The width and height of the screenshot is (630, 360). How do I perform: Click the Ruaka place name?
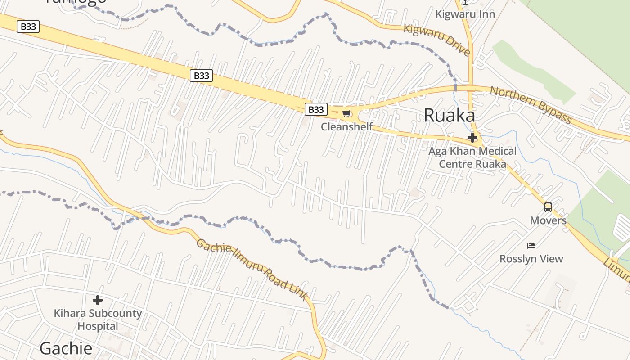tap(449, 116)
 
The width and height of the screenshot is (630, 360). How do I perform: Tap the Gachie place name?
tap(66, 348)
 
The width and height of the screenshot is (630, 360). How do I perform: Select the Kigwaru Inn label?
tap(465, 14)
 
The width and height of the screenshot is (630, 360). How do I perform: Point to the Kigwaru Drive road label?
tap(436, 40)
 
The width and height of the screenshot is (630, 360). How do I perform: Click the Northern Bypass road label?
tap(531, 104)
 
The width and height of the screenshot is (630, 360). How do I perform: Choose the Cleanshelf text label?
tap(346, 127)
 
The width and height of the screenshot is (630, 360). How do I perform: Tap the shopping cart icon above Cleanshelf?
tap(346, 114)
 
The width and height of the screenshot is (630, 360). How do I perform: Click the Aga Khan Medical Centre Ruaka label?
tap(472, 157)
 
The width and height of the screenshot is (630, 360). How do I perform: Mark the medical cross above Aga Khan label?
tap(472, 138)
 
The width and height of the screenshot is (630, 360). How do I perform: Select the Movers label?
tap(548, 220)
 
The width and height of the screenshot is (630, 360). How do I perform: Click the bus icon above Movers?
tap(548, 207)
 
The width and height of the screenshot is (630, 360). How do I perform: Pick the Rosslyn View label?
tap(531, 259)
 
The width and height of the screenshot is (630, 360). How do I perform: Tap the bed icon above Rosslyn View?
tap(531, 246)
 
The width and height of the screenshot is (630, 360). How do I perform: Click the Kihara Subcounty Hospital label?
tap(98, 319)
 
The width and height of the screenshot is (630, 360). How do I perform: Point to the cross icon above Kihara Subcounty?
tap(98, 300)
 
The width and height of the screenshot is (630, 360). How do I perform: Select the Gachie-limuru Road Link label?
tap(252, 269)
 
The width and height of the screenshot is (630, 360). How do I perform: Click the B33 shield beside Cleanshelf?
tap(316, 109)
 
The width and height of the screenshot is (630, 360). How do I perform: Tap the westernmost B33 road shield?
tap(28, 27)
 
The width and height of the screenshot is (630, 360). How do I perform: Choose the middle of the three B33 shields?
tap(201, 76)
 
